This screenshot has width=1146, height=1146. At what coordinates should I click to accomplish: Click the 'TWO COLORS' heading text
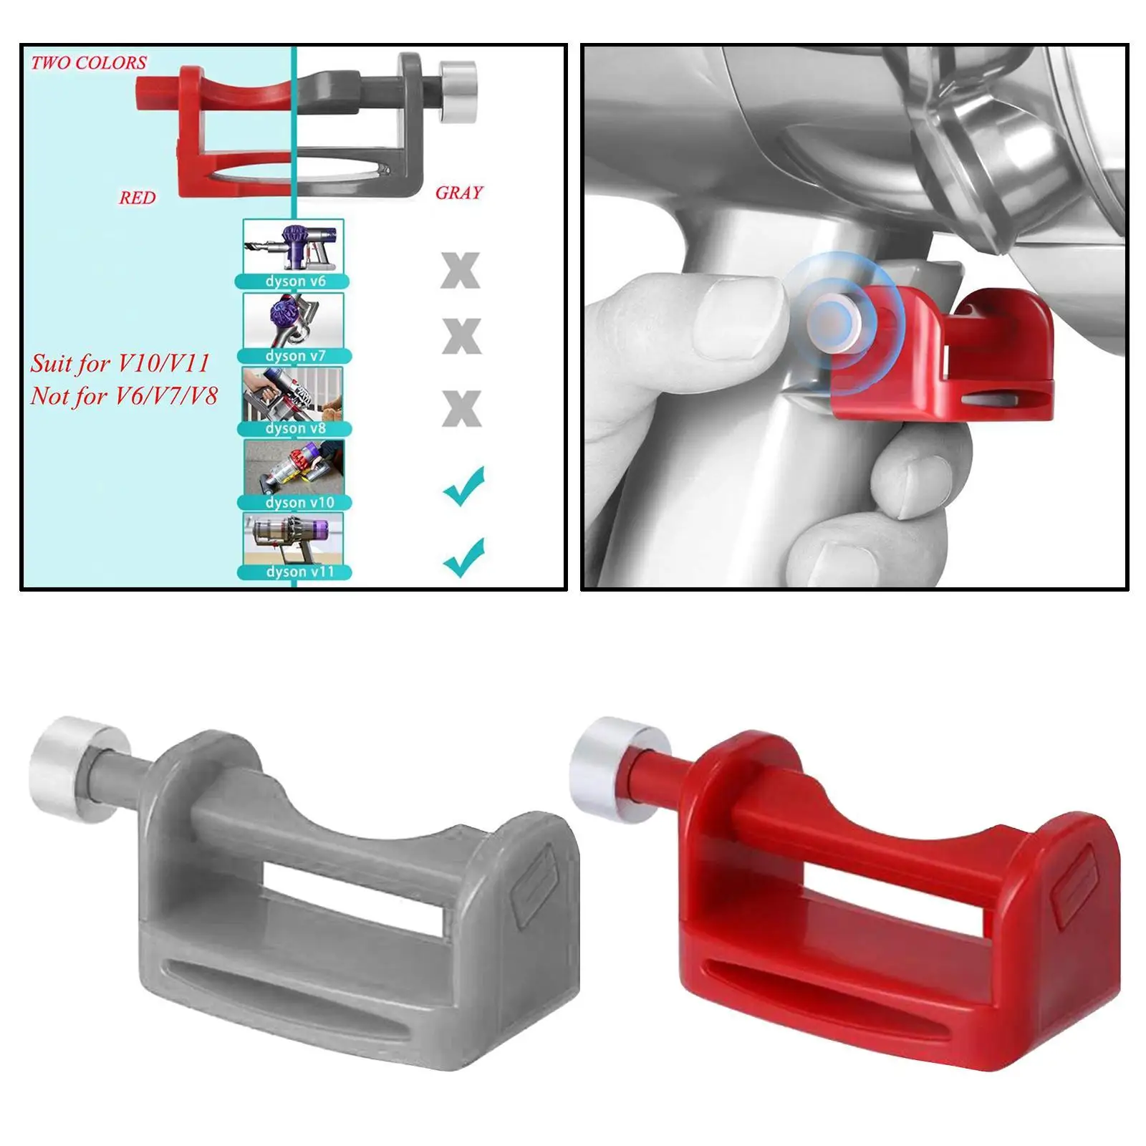coord(89,63)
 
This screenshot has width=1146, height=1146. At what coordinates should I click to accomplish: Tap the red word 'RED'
coord(137,198)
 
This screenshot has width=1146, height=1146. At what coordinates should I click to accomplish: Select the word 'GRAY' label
coord(459,193)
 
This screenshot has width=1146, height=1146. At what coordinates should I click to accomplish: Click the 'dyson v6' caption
coord(295,281)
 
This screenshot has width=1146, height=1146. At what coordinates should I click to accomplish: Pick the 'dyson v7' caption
coord(295,356)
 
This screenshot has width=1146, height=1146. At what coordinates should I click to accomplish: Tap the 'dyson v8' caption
coord(295,428)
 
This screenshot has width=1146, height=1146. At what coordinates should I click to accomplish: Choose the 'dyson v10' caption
coord(299,503)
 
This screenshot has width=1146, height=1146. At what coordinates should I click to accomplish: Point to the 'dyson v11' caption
coord(299,572)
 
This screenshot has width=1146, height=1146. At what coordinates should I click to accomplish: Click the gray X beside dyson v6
coord(461,271)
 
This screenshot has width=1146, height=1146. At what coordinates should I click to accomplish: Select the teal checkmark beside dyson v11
coord(464,557)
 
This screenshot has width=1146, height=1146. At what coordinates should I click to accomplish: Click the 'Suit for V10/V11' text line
coord(120,363)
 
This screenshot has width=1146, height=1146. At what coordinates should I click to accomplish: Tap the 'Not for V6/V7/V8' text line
coord(123,396)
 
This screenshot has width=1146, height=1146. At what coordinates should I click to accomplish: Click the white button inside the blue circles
coord(833,320)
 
